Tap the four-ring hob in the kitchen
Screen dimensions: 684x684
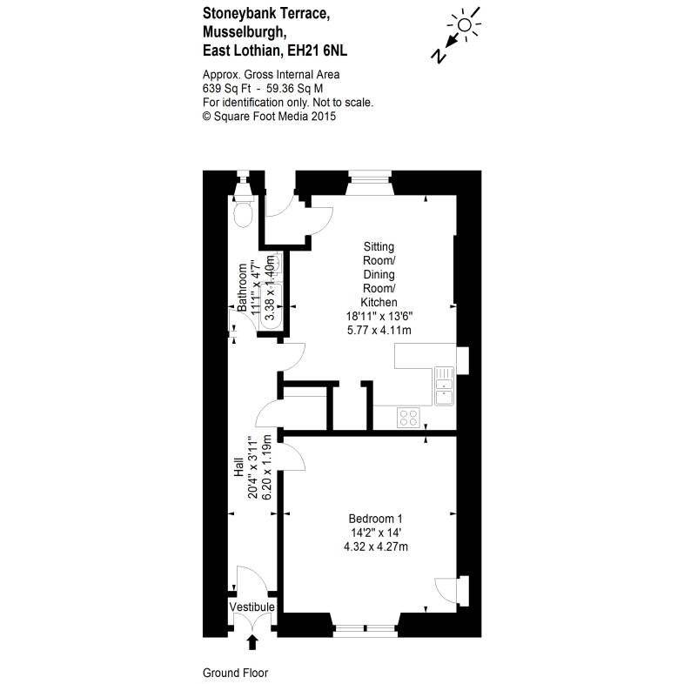[x=409, y=418]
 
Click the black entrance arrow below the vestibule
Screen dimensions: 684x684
[x=253, y=642]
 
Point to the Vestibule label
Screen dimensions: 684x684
[x=252, y=607]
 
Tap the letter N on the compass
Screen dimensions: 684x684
[x=439, y=55]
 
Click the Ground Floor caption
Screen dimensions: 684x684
[x=235, y=673]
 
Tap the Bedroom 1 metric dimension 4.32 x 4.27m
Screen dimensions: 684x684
[x=376, y=547]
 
